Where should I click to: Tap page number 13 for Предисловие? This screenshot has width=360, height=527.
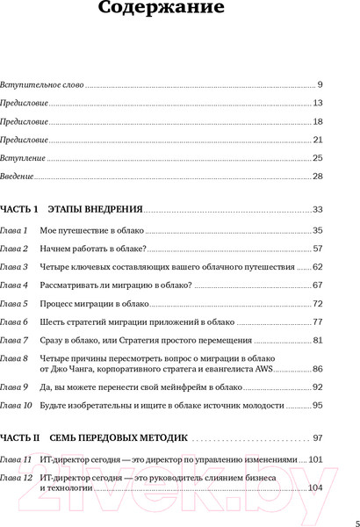(x=318, y=104)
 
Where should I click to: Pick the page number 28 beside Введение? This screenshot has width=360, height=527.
(x=318, y=177)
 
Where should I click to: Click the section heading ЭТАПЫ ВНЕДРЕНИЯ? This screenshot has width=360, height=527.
(x=91, y=210)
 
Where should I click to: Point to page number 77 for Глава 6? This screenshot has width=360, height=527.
(x=318, y=322)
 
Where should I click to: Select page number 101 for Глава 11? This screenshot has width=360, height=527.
(x=316, y=458)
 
